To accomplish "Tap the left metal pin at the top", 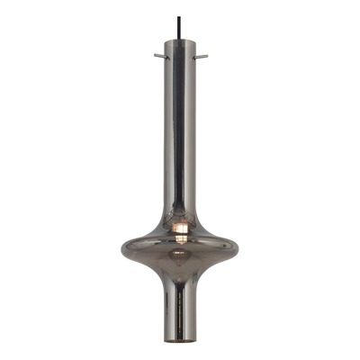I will click(x=159, y=56).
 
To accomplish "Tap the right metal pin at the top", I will click(x=201, y=56).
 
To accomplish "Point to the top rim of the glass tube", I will click(x=180, y=40).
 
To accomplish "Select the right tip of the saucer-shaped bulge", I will click(x=241, y=244).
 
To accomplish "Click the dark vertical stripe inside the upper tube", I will click(x=180, y=126).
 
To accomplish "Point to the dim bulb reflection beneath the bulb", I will click(x=181, y=255).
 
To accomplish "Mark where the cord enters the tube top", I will click(x=180, y=40).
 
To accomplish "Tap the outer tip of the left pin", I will click(x=154, y=56).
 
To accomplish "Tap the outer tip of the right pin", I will click(x=207, y=56).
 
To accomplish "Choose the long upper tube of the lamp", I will click(x=180, y=135).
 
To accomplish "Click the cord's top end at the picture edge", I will click(x=180, y=1).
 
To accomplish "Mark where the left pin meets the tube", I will click(x=165, y=56).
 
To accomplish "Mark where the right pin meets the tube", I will click(x=195, y=56).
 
